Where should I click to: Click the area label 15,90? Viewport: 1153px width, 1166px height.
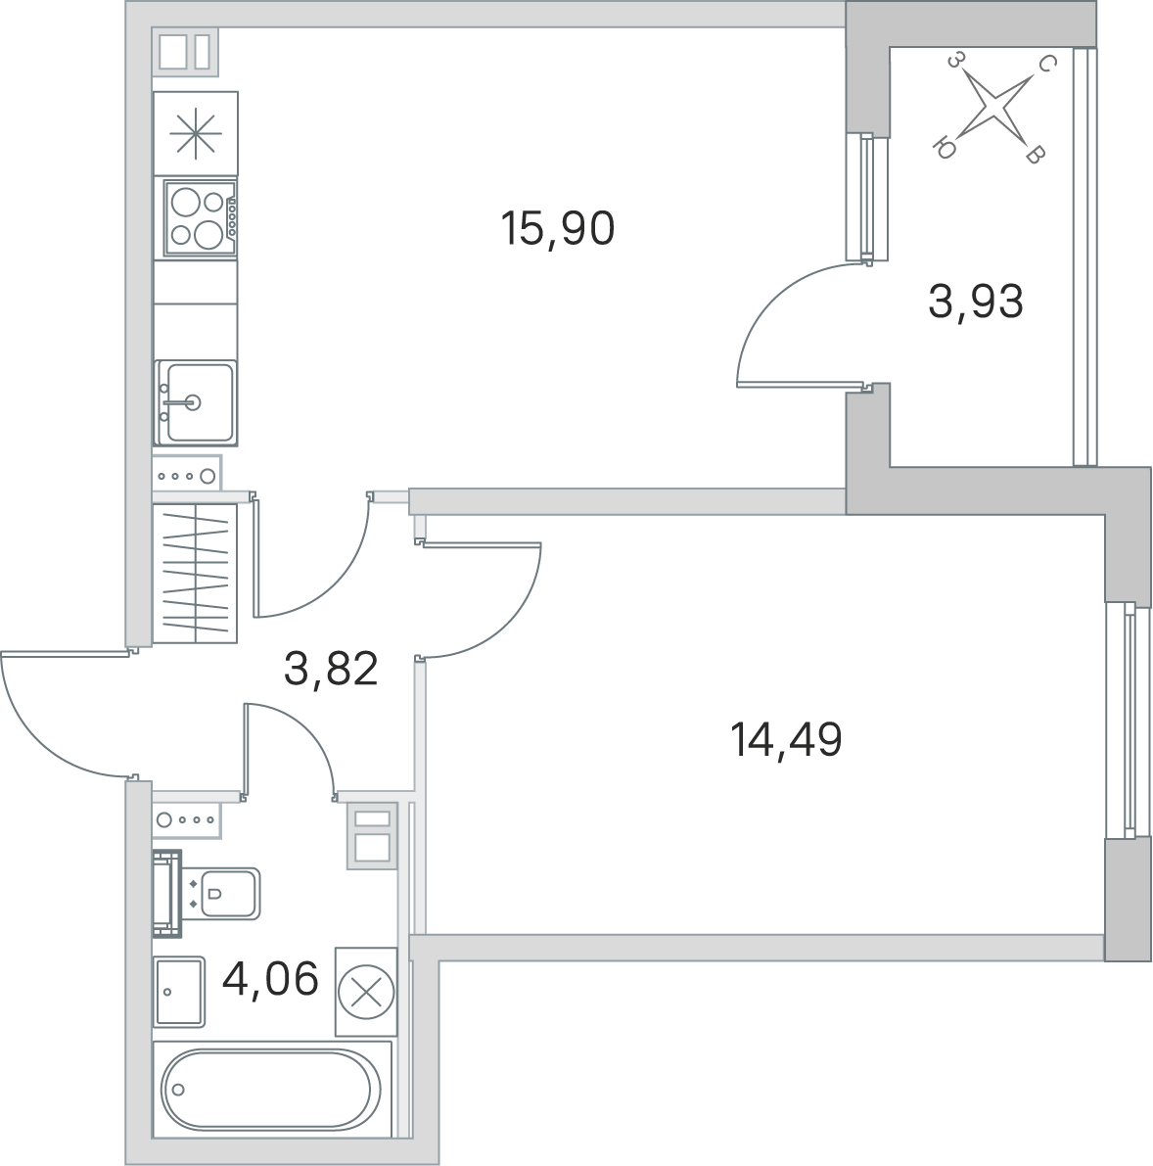click(558, 228)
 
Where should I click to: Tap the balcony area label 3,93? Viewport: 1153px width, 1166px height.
click(975, 302)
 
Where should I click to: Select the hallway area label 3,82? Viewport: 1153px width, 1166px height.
click(331, 668)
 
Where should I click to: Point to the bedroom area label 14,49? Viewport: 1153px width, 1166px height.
click(787, 740)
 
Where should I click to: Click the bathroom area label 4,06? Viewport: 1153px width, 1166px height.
click(270, 979)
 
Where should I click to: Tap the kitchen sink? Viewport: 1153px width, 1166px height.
click(196, 402)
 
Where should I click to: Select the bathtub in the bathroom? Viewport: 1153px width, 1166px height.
click(272, 1091)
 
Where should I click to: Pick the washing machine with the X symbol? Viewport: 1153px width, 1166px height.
click(366, 992)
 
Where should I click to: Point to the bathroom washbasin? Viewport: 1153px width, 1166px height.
click(178, 992)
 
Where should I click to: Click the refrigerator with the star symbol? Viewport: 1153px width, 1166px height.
click(196, 134)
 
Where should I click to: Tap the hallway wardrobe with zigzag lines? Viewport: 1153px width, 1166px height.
click(195, 574)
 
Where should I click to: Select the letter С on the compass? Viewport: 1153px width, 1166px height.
click(1044, 64)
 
